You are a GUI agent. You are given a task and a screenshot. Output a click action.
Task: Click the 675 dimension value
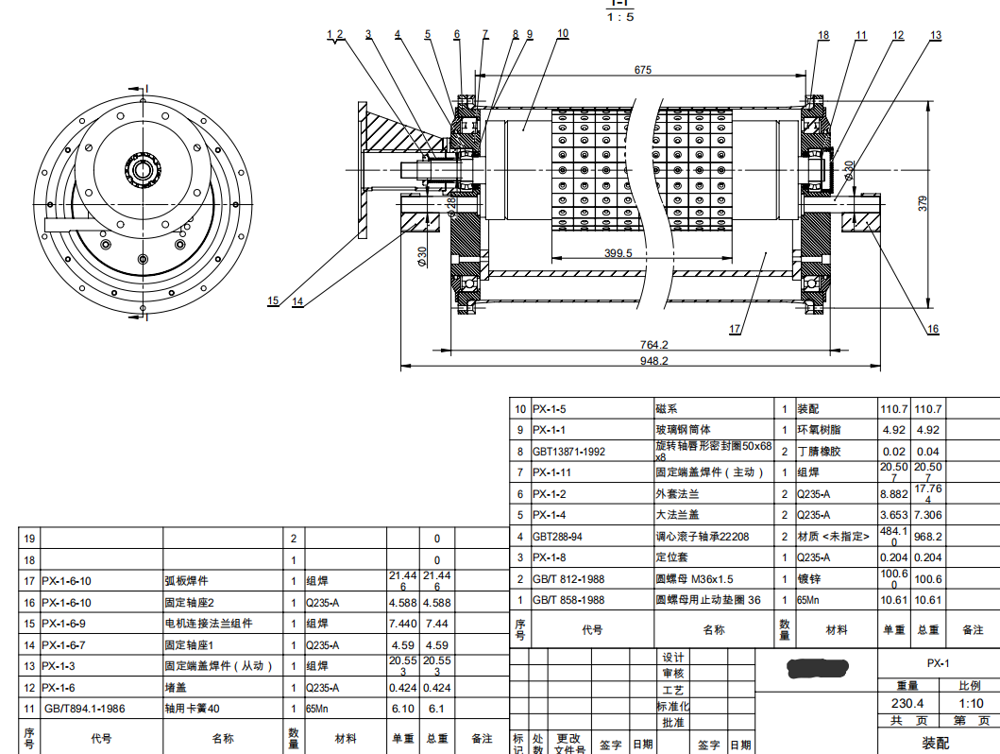pyautogui.click(x=643, y=70)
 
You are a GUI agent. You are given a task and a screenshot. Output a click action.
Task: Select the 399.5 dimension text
pyautogui.click(x=617, y=253)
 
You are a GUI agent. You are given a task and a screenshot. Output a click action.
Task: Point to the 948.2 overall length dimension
pyautogui.click(x=653, y=360)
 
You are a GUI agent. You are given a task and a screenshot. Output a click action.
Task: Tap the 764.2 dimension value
pyautogui.click(x=653, y=345)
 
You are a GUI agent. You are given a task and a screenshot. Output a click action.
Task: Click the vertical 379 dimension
pyautogui.click(x=924, y=202)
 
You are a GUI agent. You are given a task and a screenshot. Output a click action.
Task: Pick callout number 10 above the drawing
pyautogui.click(x=563, y=33)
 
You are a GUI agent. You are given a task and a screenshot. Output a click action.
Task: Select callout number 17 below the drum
pyautogui.click(x=735, y=330)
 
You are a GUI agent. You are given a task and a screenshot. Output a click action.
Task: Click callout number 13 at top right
pyautogui.click(x=935, y=35)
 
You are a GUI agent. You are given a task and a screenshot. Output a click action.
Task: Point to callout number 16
pyautogui.click(x=933, y=330)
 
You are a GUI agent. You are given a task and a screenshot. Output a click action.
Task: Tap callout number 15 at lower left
pyautogui.click(x=273, y=301)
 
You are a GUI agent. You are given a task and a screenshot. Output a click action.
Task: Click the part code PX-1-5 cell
pyautogui.click(x=549, y=409)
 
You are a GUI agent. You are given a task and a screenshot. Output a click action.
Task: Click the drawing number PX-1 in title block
pyautogui.click(x=938, y=662)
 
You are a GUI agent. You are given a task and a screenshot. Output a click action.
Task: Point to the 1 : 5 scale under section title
pyautogui.click(x=620, y=17)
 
